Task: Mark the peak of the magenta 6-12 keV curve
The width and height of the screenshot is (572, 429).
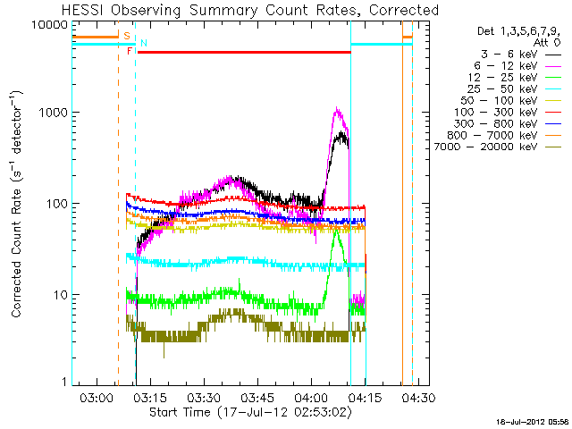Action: tap(336, 109)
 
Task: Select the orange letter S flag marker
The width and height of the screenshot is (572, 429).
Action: tap(126, 37)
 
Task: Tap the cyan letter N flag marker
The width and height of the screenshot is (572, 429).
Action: tap(144, 43)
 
